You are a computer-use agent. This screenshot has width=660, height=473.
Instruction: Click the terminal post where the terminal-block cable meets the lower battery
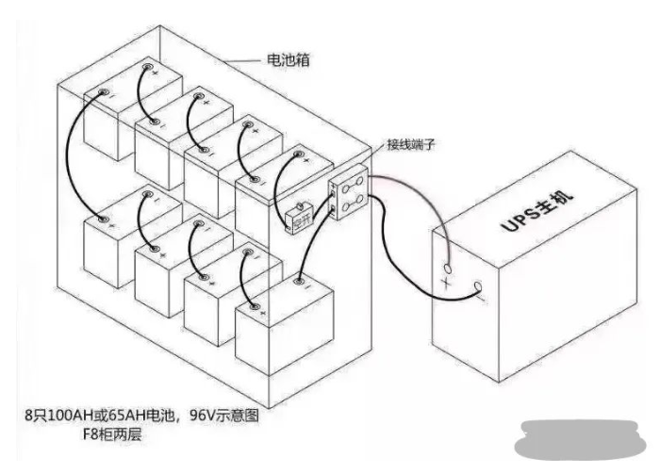pos(299,281)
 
